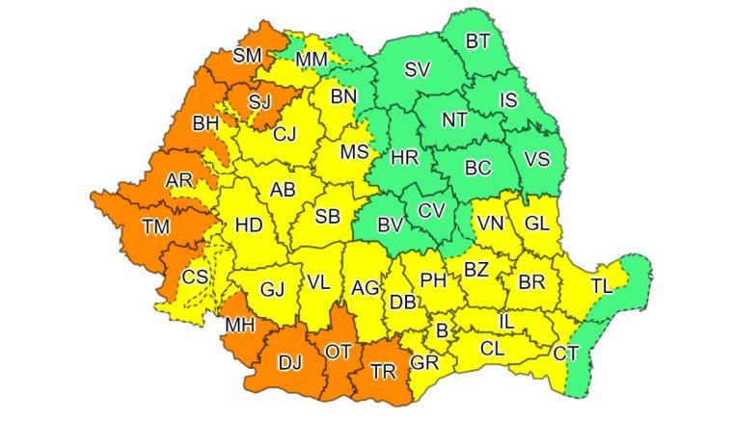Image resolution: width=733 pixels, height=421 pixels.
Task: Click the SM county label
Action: pyautogui.click(x=247, y=55)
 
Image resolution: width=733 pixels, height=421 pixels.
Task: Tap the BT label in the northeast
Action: pyautogui.click(x=477, y=41)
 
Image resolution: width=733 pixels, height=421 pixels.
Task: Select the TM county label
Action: pyautogui.click(x=153, y=227)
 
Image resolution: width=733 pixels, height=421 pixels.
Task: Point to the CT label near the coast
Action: pyautogui.click(x=566, y=354)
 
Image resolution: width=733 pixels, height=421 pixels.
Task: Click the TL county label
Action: pyautogui.click(x=601, y=286)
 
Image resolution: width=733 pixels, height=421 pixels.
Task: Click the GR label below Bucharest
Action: pyautogui.click(x=424, y=363)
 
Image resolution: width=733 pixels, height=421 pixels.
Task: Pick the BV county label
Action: pyautogui.click(x=390, y=226)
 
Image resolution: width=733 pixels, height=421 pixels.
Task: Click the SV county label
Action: pyautogui.click(x=417, y=69)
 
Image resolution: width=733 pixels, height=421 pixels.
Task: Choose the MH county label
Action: pyautogui.click(x=239, y=325)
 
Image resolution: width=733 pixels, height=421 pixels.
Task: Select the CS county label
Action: pyautogui.click(x=195, y=278)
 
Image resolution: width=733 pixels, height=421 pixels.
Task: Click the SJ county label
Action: pyautogui.click(x=259, y=100)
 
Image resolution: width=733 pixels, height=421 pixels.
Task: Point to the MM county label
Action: pyautogui.click(x=311, y=60)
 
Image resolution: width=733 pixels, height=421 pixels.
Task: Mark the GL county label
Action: pyautogui.click(x=536, y=224)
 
